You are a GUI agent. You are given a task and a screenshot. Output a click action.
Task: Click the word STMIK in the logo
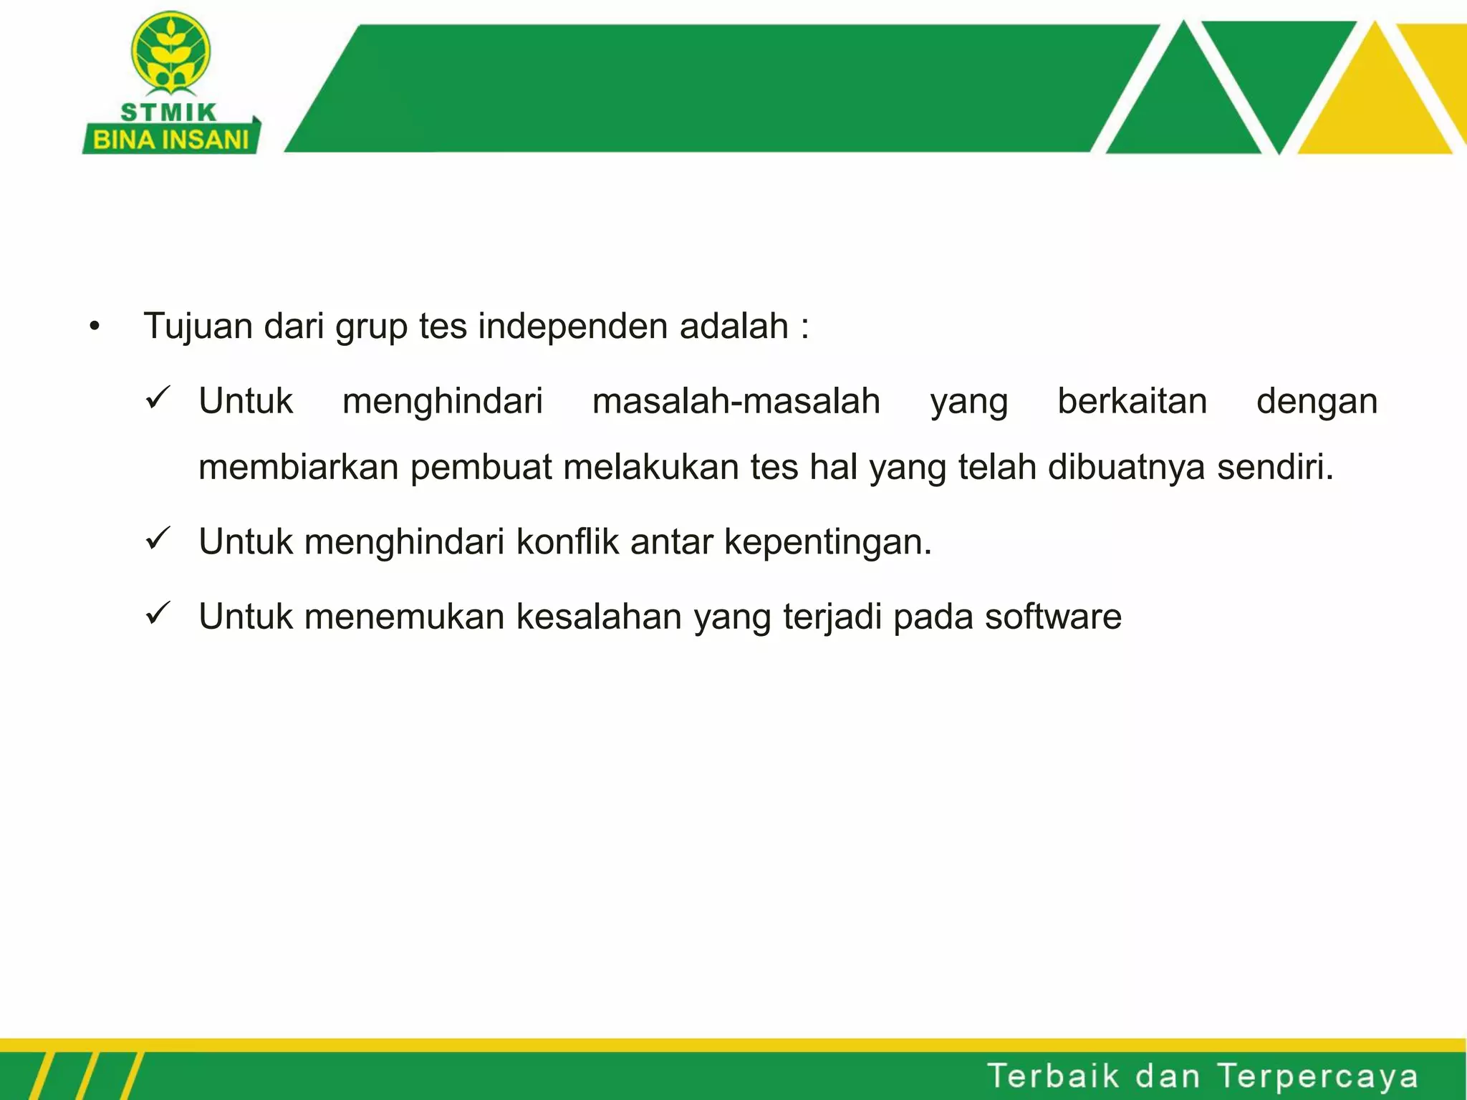[x=168, y=112]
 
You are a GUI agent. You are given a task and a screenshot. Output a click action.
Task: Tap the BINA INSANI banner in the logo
[x=170, y=139]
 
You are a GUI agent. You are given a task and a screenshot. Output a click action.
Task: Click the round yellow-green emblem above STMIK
[x=170, y=52]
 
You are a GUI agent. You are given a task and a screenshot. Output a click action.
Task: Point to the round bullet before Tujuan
[x=95, y=328]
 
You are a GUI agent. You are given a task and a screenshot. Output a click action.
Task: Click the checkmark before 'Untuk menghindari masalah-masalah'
[x=158, y=397]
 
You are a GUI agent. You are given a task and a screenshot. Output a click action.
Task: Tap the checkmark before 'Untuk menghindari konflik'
[x=158, y=538]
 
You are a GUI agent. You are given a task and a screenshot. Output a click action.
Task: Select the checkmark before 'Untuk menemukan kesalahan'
[x=158, y=613]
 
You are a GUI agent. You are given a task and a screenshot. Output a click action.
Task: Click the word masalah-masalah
[x=736, y=401]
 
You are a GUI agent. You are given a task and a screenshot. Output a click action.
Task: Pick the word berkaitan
[x=1132, y=401]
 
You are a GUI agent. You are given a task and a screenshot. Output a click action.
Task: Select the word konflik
[x=567, y=542]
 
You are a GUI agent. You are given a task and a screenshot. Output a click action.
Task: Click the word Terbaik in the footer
[x=1053, y=1076]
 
